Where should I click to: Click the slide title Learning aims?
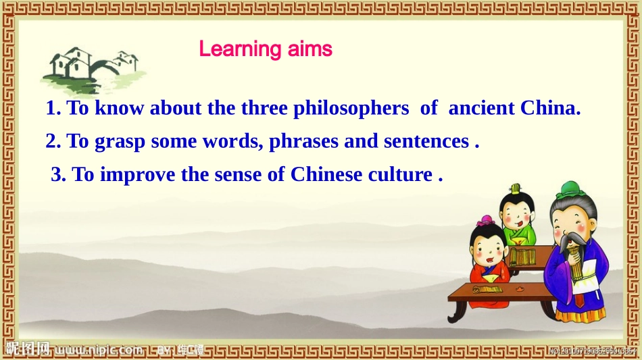click(x=266, y=49)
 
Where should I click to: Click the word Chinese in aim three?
click(x=326, y=175)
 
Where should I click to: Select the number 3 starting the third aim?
click(x=57, y=175)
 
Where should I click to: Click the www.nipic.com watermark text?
click(x=99, y=350)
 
